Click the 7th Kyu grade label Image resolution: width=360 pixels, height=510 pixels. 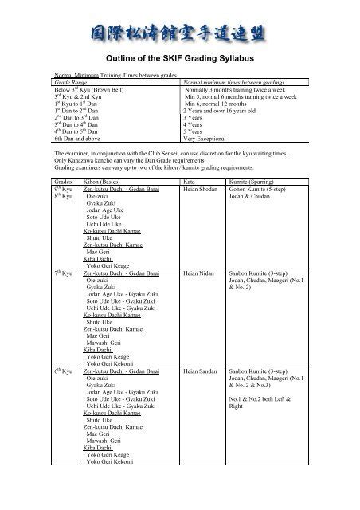pyautogui.click(x=63, y=273)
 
